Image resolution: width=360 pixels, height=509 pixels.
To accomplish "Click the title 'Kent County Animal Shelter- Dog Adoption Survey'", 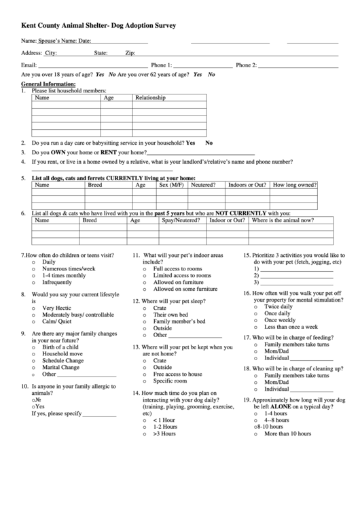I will click(98, 25).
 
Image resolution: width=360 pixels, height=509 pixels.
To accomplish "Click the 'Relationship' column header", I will click(150, 98).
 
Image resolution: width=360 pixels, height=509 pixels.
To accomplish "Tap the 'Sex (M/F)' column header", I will click(171, 185).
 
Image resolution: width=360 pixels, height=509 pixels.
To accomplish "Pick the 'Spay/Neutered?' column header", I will click(181, 220).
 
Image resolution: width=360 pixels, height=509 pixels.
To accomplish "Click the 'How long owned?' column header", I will click(294, 185).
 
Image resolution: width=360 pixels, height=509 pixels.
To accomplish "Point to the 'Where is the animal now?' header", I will click(283, 220).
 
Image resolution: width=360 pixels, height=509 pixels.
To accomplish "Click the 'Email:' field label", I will click(29, 65).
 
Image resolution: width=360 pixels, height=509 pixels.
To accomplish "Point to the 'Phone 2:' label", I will click(245, 65).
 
